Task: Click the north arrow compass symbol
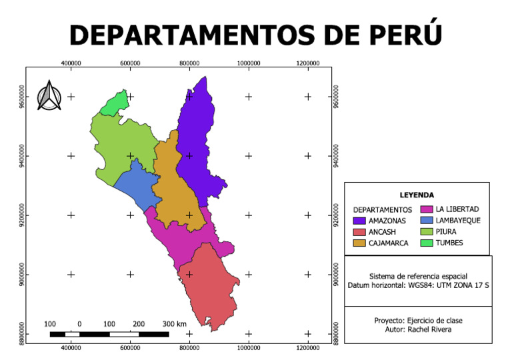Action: click(x=49, y=96)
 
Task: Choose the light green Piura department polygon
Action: click(x=120, y=147)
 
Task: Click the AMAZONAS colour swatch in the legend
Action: click(x=359, y=220)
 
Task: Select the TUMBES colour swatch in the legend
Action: click(x=427, y=243)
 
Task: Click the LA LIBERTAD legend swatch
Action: click(x=427, y=209)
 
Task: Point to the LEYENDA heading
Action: click(x=417, y=195)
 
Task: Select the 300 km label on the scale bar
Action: click(x=174, y=323)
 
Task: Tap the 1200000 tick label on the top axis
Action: click(x=308, y=61)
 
